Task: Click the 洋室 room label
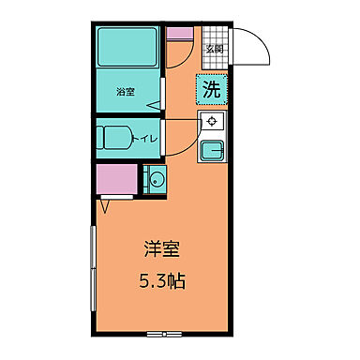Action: click(161, 250)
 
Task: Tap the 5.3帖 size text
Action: click(161, 280)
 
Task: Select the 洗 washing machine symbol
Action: click(213, 91)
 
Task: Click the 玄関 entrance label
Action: click(215, 49)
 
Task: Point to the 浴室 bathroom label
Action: click(126, 93)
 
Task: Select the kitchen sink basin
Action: click(212, 150)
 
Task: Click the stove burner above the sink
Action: click(212, 121)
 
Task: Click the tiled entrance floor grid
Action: click(215, 58)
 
